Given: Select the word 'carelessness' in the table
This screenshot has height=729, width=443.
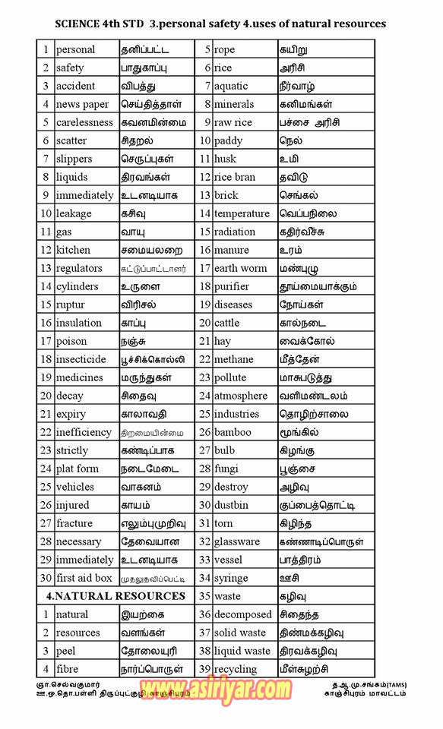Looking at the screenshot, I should [x=84, y=122].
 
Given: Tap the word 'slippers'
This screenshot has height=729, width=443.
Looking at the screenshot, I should [x=74, y=159].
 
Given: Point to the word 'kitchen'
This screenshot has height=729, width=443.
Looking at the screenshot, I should [x=73, y=250].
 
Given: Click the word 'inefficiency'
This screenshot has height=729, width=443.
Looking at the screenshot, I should [x=84, y=432].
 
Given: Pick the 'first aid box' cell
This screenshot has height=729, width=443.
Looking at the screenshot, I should [x=84, y=578].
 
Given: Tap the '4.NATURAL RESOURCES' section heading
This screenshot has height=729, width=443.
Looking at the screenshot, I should [x=115, y=596].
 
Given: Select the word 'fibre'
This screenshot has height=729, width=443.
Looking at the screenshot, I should [x=67, y=669].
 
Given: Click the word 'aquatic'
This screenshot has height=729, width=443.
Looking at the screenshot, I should [x=231, y=86].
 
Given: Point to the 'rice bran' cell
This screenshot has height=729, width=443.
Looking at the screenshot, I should [x=235, y=177].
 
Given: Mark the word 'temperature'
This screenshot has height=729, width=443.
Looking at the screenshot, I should [x=242, y=213].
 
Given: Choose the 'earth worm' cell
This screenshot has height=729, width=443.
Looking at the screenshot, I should [x=240, y=268].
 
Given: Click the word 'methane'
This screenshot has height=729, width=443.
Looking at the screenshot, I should [x=234, y=359].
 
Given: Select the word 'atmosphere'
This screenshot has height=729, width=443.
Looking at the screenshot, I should [x=241, y=396].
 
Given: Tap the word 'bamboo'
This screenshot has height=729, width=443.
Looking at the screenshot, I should [x=233, y=432].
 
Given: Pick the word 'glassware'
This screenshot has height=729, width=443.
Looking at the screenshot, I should [x=237, y=541].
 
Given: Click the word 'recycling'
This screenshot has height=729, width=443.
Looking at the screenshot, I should [x=236, y=669].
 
